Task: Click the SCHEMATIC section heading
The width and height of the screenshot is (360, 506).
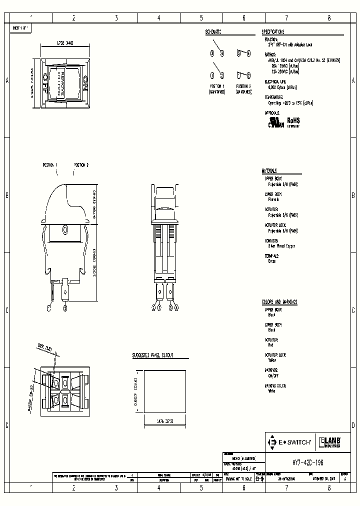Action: tap(213, 32)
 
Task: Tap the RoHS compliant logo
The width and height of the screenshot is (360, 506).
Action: tap(292, 122)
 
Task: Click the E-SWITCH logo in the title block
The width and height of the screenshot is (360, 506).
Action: tap(289, 442)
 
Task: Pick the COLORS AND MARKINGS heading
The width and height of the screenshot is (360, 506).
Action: tap(279, 302)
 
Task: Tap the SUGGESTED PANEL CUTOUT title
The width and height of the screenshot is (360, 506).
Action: tap(152, 355)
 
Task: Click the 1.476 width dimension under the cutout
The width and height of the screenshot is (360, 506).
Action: tap(164, 420)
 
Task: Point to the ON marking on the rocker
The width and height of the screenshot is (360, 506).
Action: tap(85, 82)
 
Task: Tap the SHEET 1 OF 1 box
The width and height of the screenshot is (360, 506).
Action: tap(21, 28)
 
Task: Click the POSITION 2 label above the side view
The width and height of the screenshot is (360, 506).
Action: tap(81, 164)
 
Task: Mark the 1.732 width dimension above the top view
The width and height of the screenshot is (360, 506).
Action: tap(64, 43)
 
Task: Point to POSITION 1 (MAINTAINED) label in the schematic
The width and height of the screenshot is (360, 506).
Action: tap(217, 88)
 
